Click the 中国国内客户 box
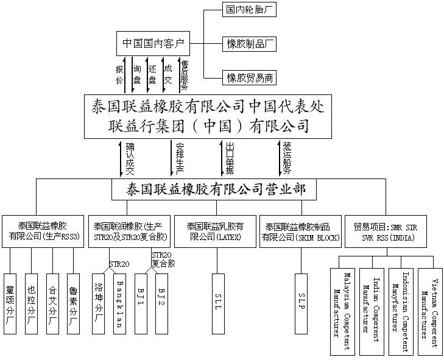click(x=153, y=44)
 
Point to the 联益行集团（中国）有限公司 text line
click(x=206, y=127)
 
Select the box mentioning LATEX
click(x=214, y=231)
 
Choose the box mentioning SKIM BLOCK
click(x=300, y=231)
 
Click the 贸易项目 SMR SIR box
click(x=390, y=231)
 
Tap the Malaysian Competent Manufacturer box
click(x=344, y=311)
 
